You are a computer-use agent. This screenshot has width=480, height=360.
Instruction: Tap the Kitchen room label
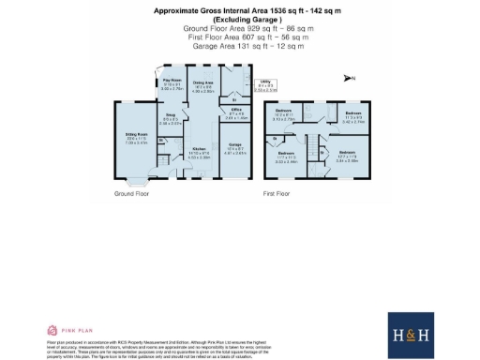[200, 153]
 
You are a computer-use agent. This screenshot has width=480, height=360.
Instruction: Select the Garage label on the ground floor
[235, 146]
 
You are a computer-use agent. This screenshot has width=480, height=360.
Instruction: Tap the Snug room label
[170, 120]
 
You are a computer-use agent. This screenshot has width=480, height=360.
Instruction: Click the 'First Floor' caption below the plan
[276, 193]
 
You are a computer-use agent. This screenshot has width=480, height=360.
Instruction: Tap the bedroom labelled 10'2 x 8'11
[284, 116]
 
